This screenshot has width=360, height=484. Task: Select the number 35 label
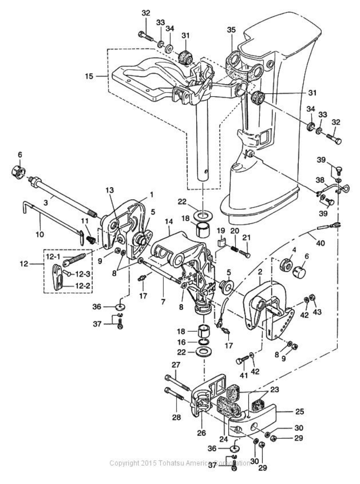(231, 30)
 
